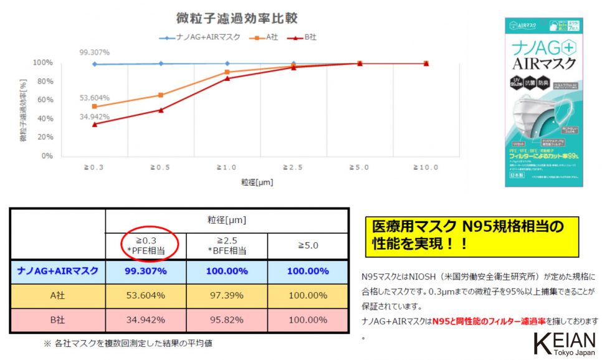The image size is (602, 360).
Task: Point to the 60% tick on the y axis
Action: (43, 100)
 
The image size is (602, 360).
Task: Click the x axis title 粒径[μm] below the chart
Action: (256, 182)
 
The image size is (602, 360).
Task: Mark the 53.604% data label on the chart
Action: (95, 98)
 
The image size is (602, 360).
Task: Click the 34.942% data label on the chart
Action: (95, 116)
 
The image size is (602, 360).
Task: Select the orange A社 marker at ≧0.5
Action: (161, 95)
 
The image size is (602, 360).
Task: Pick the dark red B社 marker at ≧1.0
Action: (227, 78)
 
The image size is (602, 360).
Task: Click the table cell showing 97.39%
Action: (227, 295)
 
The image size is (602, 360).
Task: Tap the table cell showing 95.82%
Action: (227, 320)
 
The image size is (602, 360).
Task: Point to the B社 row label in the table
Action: (57, 320)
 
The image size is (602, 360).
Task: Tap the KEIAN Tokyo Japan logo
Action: (565, 345)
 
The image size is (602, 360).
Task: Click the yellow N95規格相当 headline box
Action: (471, 234)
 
